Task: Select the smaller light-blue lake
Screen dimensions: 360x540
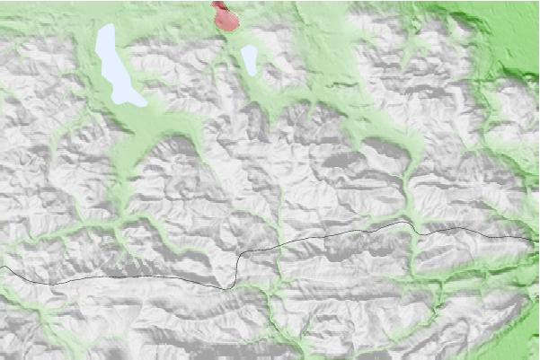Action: point(249,59)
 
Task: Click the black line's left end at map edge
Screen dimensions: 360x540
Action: point(1,267)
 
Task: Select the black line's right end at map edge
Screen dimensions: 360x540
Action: point(538,241)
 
